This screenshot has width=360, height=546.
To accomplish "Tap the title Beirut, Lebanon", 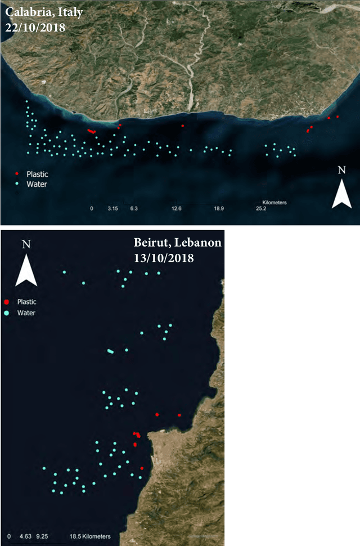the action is click(x=178, y=243).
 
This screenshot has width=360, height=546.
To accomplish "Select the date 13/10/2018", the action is click(x=164, y=258).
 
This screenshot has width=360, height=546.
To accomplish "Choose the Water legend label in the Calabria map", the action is click(x=37, y=184).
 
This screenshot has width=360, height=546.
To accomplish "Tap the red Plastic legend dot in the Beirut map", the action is click(x=7, y=302).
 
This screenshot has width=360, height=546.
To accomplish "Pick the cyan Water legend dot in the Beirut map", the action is click(x=7, y=313).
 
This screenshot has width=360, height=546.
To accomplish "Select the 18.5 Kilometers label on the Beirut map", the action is click(x=90, y=536).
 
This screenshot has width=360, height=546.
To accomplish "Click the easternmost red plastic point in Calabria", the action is click(x=337, y=117).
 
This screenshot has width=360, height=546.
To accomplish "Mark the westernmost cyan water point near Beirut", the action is click(x=44, y=468).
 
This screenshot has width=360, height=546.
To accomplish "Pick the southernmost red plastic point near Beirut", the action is click(x=142, y=468).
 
